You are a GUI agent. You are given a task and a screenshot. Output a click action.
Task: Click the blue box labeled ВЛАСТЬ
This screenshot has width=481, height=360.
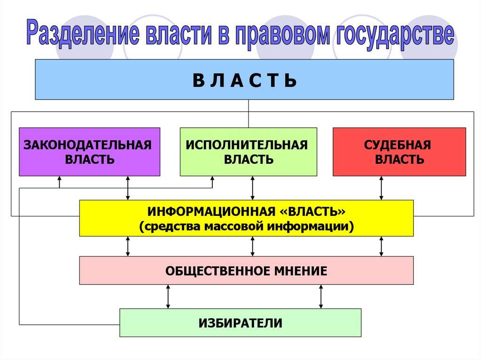[244, 80]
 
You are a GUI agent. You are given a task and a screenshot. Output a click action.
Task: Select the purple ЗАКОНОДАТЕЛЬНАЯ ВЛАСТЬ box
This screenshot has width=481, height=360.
[89, 152]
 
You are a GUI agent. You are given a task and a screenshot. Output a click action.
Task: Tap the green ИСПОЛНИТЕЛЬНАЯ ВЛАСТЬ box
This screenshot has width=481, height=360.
[248, 152]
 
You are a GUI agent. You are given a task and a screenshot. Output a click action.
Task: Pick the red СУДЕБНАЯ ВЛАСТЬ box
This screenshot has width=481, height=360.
[399, 152]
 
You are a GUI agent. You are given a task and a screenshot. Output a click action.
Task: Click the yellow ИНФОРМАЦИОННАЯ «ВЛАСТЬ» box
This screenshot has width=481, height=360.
[246, 218]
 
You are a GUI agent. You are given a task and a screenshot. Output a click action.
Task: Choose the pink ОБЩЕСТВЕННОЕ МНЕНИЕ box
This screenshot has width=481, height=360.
[246, 270]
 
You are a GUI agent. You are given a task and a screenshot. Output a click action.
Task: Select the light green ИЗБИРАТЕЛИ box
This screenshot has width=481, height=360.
[240, 322]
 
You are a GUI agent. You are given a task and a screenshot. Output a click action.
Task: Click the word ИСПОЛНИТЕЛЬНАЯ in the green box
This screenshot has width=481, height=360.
[247, 145]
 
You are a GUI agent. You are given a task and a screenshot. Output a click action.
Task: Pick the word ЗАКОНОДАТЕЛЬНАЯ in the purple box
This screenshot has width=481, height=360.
[88, 145]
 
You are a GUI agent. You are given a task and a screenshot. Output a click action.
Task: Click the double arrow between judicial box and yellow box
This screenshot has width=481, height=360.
[381, 188]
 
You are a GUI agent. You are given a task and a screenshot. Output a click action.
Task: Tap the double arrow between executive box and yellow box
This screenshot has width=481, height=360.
[253, 188]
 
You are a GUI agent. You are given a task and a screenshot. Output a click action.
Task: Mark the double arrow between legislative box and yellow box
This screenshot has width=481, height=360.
[128, 188]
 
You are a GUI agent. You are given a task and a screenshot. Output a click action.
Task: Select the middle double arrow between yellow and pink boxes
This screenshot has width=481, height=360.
[253, 246]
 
